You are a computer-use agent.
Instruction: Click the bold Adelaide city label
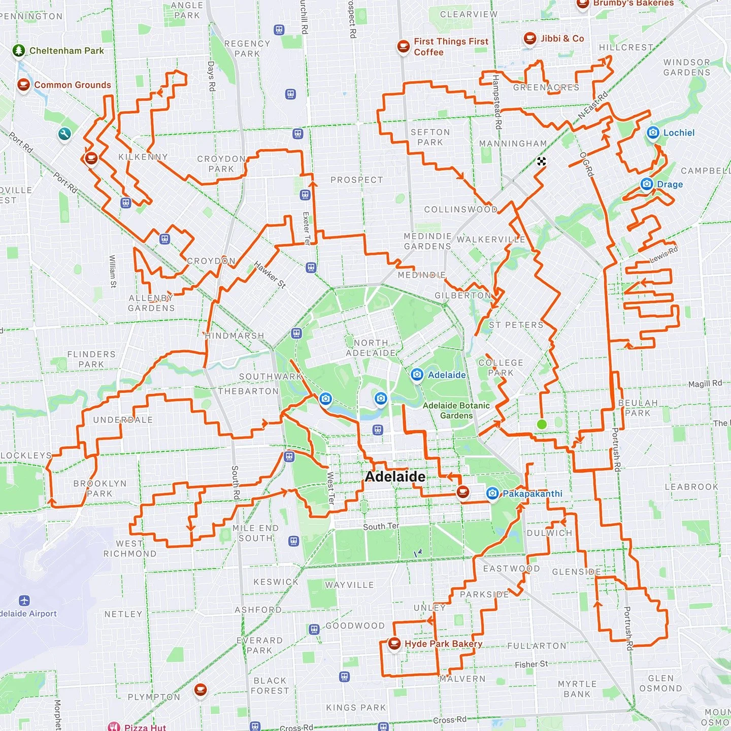tap(395, 477)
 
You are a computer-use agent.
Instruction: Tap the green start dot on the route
tap(542, 424)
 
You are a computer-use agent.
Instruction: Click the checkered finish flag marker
tap(542, 162)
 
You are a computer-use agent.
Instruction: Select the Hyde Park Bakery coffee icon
tap(394, 644)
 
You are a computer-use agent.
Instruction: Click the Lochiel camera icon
tap(653, 133)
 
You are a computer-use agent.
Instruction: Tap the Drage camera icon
tap(647, 184)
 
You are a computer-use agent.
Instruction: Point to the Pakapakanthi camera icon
tap(492, 493)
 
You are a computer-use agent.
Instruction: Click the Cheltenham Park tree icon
tap(19, 51)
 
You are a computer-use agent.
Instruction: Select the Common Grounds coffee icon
tap(23, 85)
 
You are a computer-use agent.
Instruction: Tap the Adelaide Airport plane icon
tap(24, 601)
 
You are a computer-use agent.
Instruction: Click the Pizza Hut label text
tap(145, 727)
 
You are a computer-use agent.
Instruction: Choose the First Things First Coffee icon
tap(403, 47)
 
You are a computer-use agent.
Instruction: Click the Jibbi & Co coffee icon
tap(530, 39)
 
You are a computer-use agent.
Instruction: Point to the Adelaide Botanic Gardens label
tap(456, 410)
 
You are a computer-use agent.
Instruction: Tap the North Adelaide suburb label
tap(371, 348)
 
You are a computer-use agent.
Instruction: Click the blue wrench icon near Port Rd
tap(64, 134)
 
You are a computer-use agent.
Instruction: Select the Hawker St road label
tap(270, 275)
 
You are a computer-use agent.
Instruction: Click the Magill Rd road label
tap(705, 384)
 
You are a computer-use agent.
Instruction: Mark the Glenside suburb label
tap(576, 572)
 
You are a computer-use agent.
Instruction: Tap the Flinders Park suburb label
tap(91, 359)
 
